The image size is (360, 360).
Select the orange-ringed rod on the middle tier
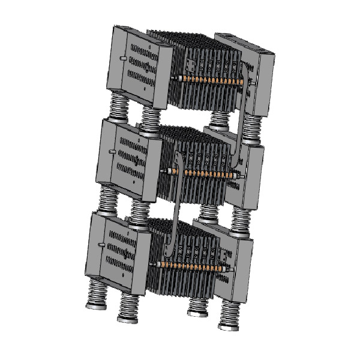[x=204, y=173]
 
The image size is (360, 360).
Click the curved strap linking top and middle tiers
[x=242, y=120]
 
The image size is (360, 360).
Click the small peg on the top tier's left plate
[x=122, y=58]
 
